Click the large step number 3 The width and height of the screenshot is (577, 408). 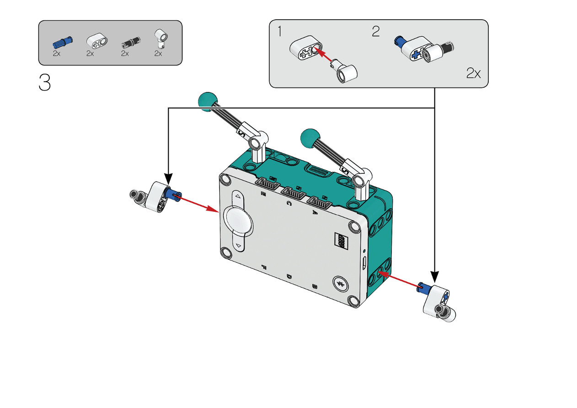(45, 82)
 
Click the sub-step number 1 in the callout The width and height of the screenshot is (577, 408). (280, 32)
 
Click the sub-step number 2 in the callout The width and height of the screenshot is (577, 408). (375, 32)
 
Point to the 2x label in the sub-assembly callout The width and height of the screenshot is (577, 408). (474, 73)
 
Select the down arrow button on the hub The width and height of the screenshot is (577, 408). (239, 246)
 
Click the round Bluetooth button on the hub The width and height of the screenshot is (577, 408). (340, 284)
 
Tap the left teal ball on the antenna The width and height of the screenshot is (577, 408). (207, 101)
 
